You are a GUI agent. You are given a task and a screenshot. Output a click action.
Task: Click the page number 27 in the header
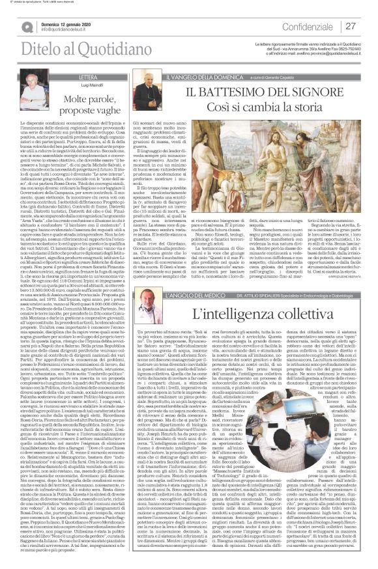point(351,25)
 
